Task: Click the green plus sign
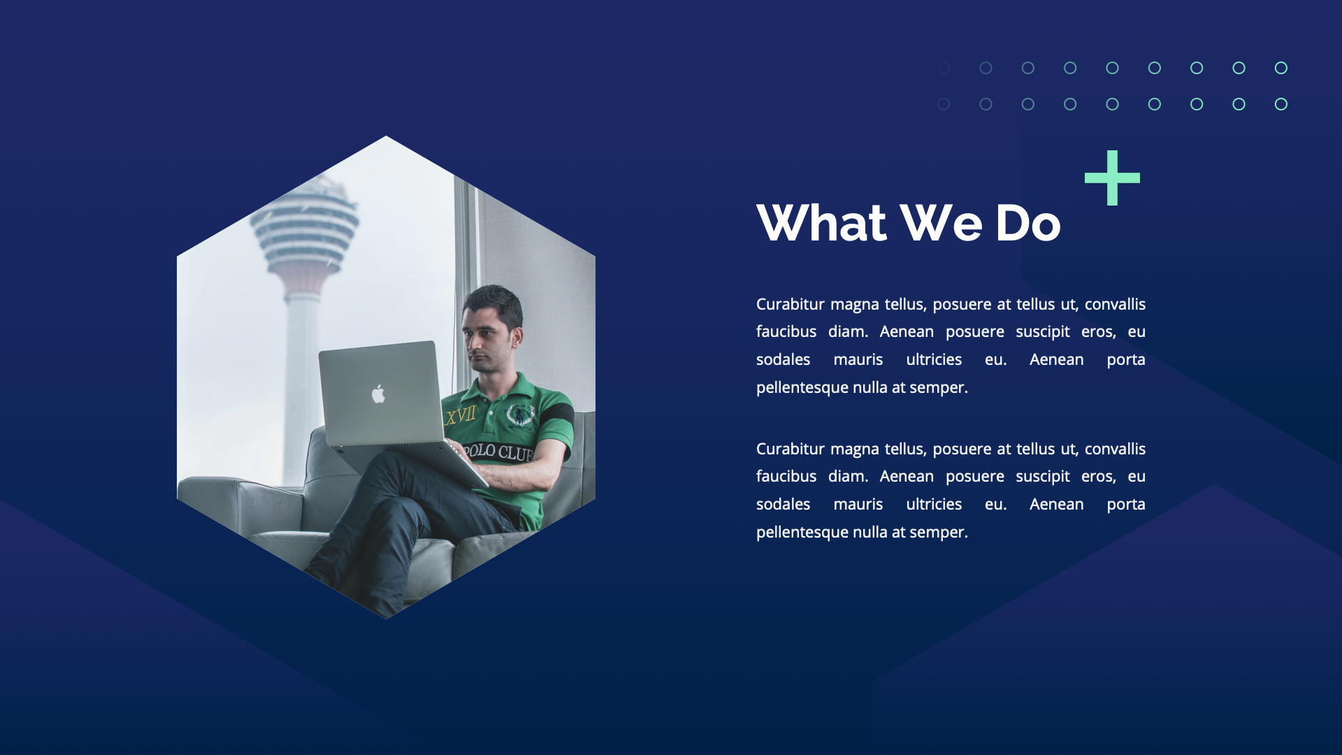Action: (1112, 178)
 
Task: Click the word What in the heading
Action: (821, 224)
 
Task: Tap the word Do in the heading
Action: (1027, 224)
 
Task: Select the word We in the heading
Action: (941, 224)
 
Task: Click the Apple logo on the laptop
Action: (378, 394)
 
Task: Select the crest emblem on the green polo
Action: (519, 415)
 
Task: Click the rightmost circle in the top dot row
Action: (1280, 68)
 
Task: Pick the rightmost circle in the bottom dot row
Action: (1280, 104)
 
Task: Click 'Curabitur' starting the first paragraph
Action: (790, 305)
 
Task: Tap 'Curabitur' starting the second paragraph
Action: (790, 450)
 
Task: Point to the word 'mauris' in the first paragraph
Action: (858, 360)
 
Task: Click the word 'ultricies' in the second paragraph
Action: (933, 505)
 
